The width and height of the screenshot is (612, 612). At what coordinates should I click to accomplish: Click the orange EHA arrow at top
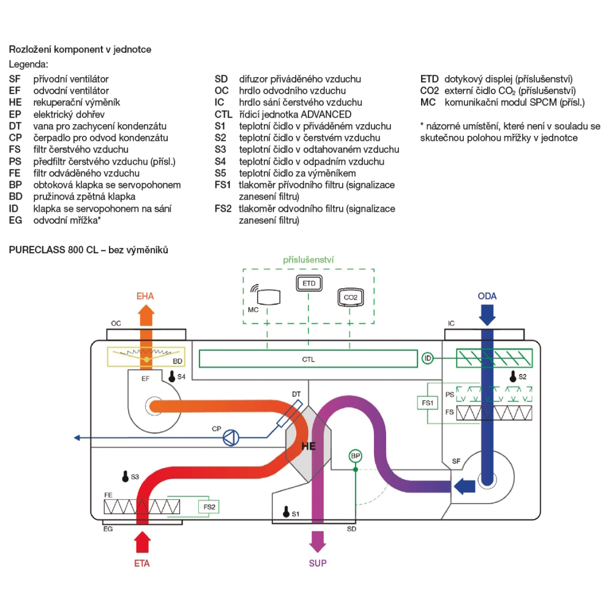click(x=146, y=315)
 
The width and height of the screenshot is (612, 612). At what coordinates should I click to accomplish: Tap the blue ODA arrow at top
click(x=488, y=315)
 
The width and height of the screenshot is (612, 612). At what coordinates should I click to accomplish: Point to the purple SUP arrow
click(x=318, y=541)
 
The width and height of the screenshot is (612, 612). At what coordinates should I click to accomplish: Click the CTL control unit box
click(x=308, y=359)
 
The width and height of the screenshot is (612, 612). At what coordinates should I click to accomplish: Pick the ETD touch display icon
click(x=308, y=283)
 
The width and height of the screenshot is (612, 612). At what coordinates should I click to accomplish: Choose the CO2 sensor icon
click(x=350, y=297)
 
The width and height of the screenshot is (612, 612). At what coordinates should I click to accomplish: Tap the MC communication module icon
click(x=268, y=297)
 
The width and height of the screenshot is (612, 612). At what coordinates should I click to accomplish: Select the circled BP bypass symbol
click(x=355, y=456)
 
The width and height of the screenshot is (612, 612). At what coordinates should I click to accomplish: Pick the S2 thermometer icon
click(x=512, y=376)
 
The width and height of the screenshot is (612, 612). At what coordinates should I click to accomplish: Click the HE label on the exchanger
click(x=309, y=446)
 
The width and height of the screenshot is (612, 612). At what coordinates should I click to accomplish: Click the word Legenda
click(x=28, y=64)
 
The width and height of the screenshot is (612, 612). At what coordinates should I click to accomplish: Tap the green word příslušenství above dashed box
click(x=308, y=260)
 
